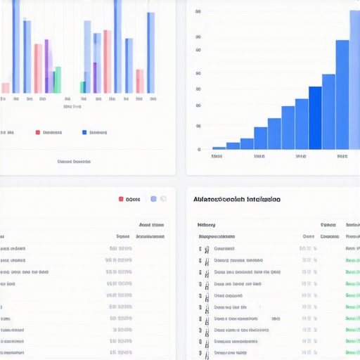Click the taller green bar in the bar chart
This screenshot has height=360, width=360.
coord(58,79)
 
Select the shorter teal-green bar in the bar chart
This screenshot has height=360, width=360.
coord(82,87)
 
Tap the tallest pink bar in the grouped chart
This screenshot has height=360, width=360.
coord(107,61)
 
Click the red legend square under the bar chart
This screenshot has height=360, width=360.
coord(37,132)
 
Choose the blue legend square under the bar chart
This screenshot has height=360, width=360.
coord(84,132)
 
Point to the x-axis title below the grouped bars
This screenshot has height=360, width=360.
coord(72,108)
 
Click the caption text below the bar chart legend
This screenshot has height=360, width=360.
coord(74,161)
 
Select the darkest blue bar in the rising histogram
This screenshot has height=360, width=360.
coord(315,117)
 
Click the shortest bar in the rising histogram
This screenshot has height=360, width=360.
coord(219,148)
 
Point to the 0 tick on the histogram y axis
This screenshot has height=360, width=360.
coord(199,149)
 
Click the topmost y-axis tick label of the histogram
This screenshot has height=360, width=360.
coord(198,12)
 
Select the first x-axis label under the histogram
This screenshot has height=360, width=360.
coord(217,157)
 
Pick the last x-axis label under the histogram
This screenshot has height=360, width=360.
coord(342,157)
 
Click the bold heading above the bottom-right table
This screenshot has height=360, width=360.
coord(236,199)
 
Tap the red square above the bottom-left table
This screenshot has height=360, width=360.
coord(122,199)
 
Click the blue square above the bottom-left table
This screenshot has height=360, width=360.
coord(153,199)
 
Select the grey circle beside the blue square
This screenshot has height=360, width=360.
coord(163,199)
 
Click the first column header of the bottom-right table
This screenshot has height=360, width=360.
coord(207,225)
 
